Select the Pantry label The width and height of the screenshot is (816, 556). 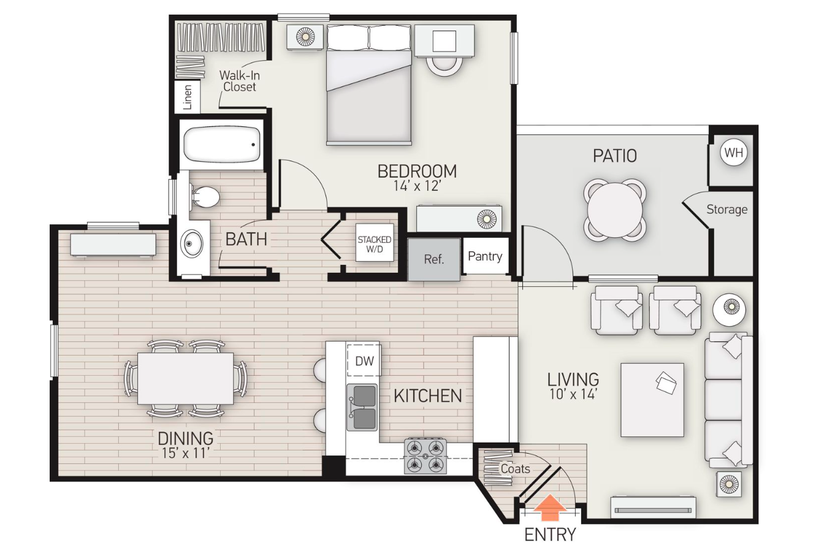point(485,256)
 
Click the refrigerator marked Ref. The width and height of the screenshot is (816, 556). point(433,259)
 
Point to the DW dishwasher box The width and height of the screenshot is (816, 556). point(364,360)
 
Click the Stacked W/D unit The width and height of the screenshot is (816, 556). point(374,244)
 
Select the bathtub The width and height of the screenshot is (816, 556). point(221,145)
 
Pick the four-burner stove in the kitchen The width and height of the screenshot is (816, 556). point(425,456)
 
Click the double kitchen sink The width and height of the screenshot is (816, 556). point(362,407)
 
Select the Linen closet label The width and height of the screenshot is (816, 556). point(188,97)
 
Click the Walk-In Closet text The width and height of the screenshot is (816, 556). point(239,81)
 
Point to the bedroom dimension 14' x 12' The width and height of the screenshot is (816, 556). point(417,186)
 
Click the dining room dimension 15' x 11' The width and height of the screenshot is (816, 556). point(185,454)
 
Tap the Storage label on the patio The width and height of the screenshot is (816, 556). point(726,210)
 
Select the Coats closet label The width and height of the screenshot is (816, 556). point(515,469)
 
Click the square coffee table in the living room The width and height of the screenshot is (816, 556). point(652,400)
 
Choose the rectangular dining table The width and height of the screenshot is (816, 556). point(185,378)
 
